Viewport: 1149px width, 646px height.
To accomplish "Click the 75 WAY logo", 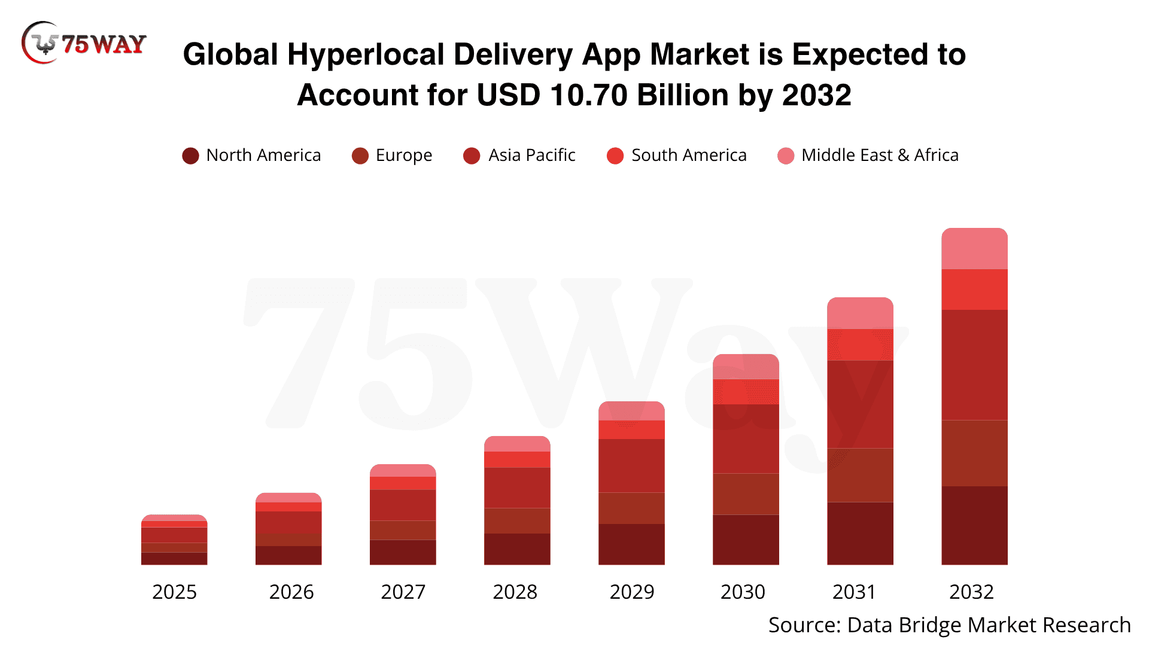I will click(x=84, y=43).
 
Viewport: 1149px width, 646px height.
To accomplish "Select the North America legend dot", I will click(x=190, y=156).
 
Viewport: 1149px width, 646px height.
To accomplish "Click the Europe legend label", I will click(x=403, y=156).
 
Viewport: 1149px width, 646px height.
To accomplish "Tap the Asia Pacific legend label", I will click(x=531, y=156).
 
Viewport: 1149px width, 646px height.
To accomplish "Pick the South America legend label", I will click(x=689, y=156).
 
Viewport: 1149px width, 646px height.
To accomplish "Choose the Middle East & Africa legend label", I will click(x=880, y=156).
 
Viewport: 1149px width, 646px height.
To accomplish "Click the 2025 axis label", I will click(x=174, y=592).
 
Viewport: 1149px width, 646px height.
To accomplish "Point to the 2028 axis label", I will click(x=515, y=592).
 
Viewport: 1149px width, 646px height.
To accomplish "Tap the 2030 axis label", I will click(x=743, y=592).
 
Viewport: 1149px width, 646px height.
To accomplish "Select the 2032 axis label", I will click(x=971, y=592).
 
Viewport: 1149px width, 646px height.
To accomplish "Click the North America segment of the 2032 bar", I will click(x=974, y=525).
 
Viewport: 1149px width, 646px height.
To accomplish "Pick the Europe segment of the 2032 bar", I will click(x=974, y=453).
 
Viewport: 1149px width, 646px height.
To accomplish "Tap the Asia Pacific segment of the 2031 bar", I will click(x=860, y=404).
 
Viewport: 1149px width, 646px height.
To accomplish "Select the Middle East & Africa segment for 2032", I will click(x=974, y=249).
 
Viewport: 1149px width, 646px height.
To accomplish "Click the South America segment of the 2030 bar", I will click(x=746, y=392).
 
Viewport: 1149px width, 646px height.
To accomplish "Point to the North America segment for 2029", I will click(x=631, y=544).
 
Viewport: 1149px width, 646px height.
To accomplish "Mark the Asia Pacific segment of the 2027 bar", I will click(x=403, y=505).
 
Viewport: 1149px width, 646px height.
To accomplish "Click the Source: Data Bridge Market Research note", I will click(x=949, y=625).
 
